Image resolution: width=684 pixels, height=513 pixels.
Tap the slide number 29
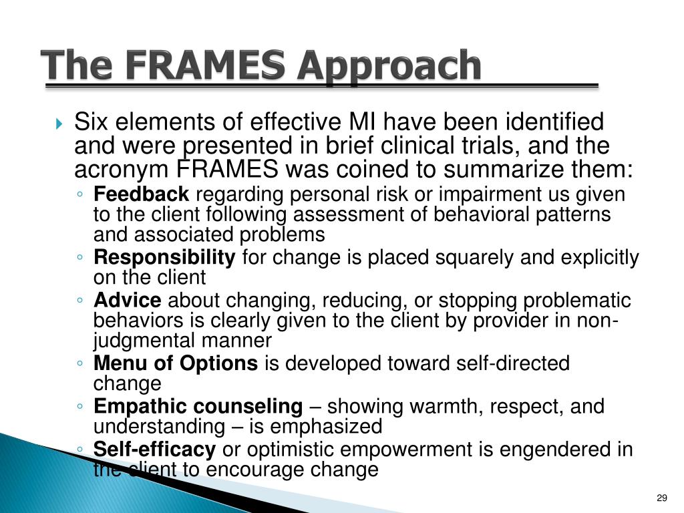click(662, 498)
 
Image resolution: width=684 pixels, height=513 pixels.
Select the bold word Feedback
click(142, 195)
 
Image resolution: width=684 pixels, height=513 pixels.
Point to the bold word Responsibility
click(164, 258)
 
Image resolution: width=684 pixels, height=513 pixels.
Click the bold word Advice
click(128, 301)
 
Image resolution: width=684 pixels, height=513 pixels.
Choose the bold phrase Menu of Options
click(175, 364)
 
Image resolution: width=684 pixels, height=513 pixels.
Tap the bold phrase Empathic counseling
click(198, 406)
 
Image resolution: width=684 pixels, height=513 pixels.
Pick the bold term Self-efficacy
click(154, 450)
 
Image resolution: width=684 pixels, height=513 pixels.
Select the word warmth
click(460, 406)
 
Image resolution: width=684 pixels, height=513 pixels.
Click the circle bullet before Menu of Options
click(80, 365)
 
